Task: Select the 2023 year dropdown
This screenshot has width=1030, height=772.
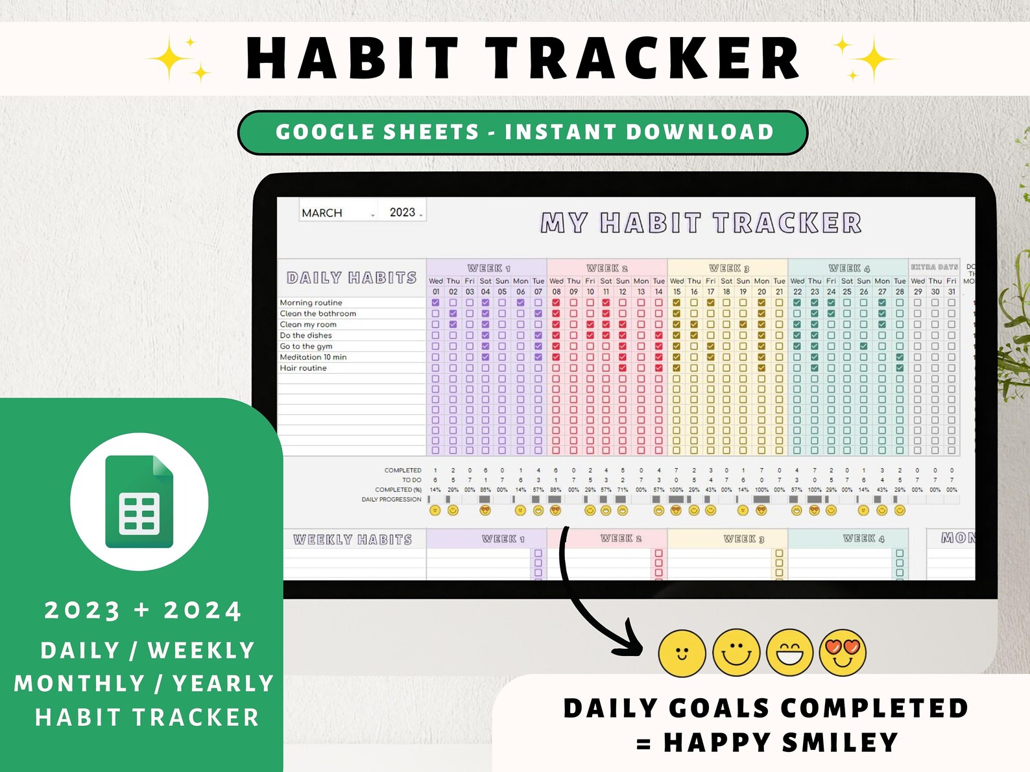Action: pyautogui.click(x=405, y=212)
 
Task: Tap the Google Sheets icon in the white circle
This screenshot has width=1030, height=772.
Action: pyautogui.click(x=139, y=501)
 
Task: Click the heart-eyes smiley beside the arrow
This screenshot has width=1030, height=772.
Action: pyautogui.click(x=843, y=652)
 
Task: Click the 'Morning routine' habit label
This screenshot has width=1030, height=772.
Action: pyautogui.click(x=311, y=303)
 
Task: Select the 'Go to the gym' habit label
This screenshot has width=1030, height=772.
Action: pyautogui.click(x=306, y=346)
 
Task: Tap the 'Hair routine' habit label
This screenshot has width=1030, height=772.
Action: pyautogui.click(x=303, y=368)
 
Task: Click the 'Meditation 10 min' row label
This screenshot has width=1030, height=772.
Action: pyautogui.click(x=313, y=357)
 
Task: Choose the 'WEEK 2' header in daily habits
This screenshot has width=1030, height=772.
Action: pyautogui.click(x=607, y=268)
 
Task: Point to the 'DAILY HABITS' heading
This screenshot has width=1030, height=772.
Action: pyautogui.click(x=352, y=278)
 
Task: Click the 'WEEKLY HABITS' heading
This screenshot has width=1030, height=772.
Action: pyautogui.click(x=352, y=539)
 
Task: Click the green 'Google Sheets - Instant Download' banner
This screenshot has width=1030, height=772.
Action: pyautogui.click(x=523, y=132)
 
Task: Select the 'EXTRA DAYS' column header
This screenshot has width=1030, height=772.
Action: pyautogui.click(x=934, y=267)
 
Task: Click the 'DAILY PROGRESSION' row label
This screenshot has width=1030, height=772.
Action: pyautogui.click(x=391, y=500)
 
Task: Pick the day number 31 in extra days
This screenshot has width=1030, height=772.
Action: pyautogui.click(x=952, y=292)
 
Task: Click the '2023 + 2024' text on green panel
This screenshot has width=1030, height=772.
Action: pyautogui.click(x=143, y=611)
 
